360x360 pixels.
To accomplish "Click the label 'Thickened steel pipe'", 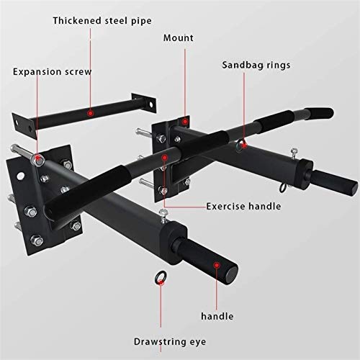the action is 102,21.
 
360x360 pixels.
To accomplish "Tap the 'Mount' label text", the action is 179,38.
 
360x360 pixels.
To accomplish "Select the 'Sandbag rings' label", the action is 256,66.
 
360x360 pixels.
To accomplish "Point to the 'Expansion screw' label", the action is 52,72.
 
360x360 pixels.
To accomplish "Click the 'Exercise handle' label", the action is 243,207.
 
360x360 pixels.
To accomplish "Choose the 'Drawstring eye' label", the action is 170,342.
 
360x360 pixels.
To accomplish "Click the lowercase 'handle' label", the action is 217,316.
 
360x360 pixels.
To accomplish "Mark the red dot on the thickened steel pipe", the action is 91,113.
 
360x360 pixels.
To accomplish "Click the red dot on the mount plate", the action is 185,122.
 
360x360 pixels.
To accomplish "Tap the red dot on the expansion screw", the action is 37,158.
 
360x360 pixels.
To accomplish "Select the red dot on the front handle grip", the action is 217,265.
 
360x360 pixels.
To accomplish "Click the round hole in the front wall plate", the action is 20,176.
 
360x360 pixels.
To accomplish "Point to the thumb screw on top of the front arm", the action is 163,215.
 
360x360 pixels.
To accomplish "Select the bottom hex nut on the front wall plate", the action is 37,240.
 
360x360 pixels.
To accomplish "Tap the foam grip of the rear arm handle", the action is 334,181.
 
